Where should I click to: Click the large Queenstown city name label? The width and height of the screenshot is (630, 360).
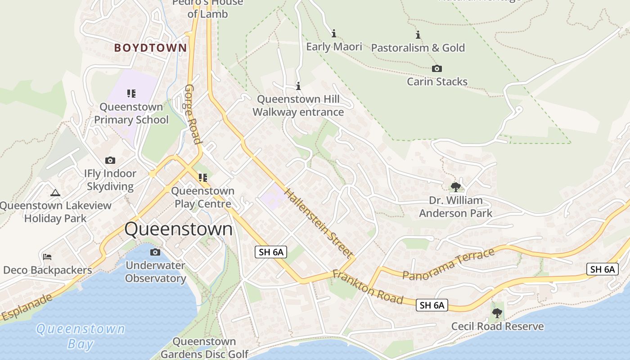tap(179, 229)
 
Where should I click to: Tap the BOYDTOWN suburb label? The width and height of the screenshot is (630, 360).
tap(150, 48)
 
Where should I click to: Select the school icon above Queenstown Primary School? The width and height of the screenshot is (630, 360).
tap(131, 94)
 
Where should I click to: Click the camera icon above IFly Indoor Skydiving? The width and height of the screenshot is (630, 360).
tap(110, 161)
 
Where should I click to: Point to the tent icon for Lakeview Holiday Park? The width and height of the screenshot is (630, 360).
tap(55, 193)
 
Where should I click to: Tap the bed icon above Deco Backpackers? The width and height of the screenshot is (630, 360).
tap(47, 257)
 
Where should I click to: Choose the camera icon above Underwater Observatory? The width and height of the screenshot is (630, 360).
tap(155, 252)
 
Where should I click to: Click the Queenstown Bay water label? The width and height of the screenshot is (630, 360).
tap(81, 336)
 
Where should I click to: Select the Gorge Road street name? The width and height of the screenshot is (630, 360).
tap(193, 114)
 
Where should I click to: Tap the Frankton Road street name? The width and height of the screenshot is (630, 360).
tap(368, 287)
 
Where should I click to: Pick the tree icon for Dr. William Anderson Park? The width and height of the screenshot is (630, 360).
tap(455, 187)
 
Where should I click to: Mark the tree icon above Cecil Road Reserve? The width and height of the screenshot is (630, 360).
tap(497, 313)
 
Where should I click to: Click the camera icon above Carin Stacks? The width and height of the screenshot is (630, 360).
tap(436, 69)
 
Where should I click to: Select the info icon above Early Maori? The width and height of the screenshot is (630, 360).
tap(334, 34)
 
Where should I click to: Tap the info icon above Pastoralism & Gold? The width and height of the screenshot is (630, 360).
tap(418, 35)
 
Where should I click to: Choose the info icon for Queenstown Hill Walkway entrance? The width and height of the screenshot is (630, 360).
tap(298, 86)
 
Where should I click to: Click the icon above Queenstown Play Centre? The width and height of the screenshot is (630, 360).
tap(203, 178)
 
